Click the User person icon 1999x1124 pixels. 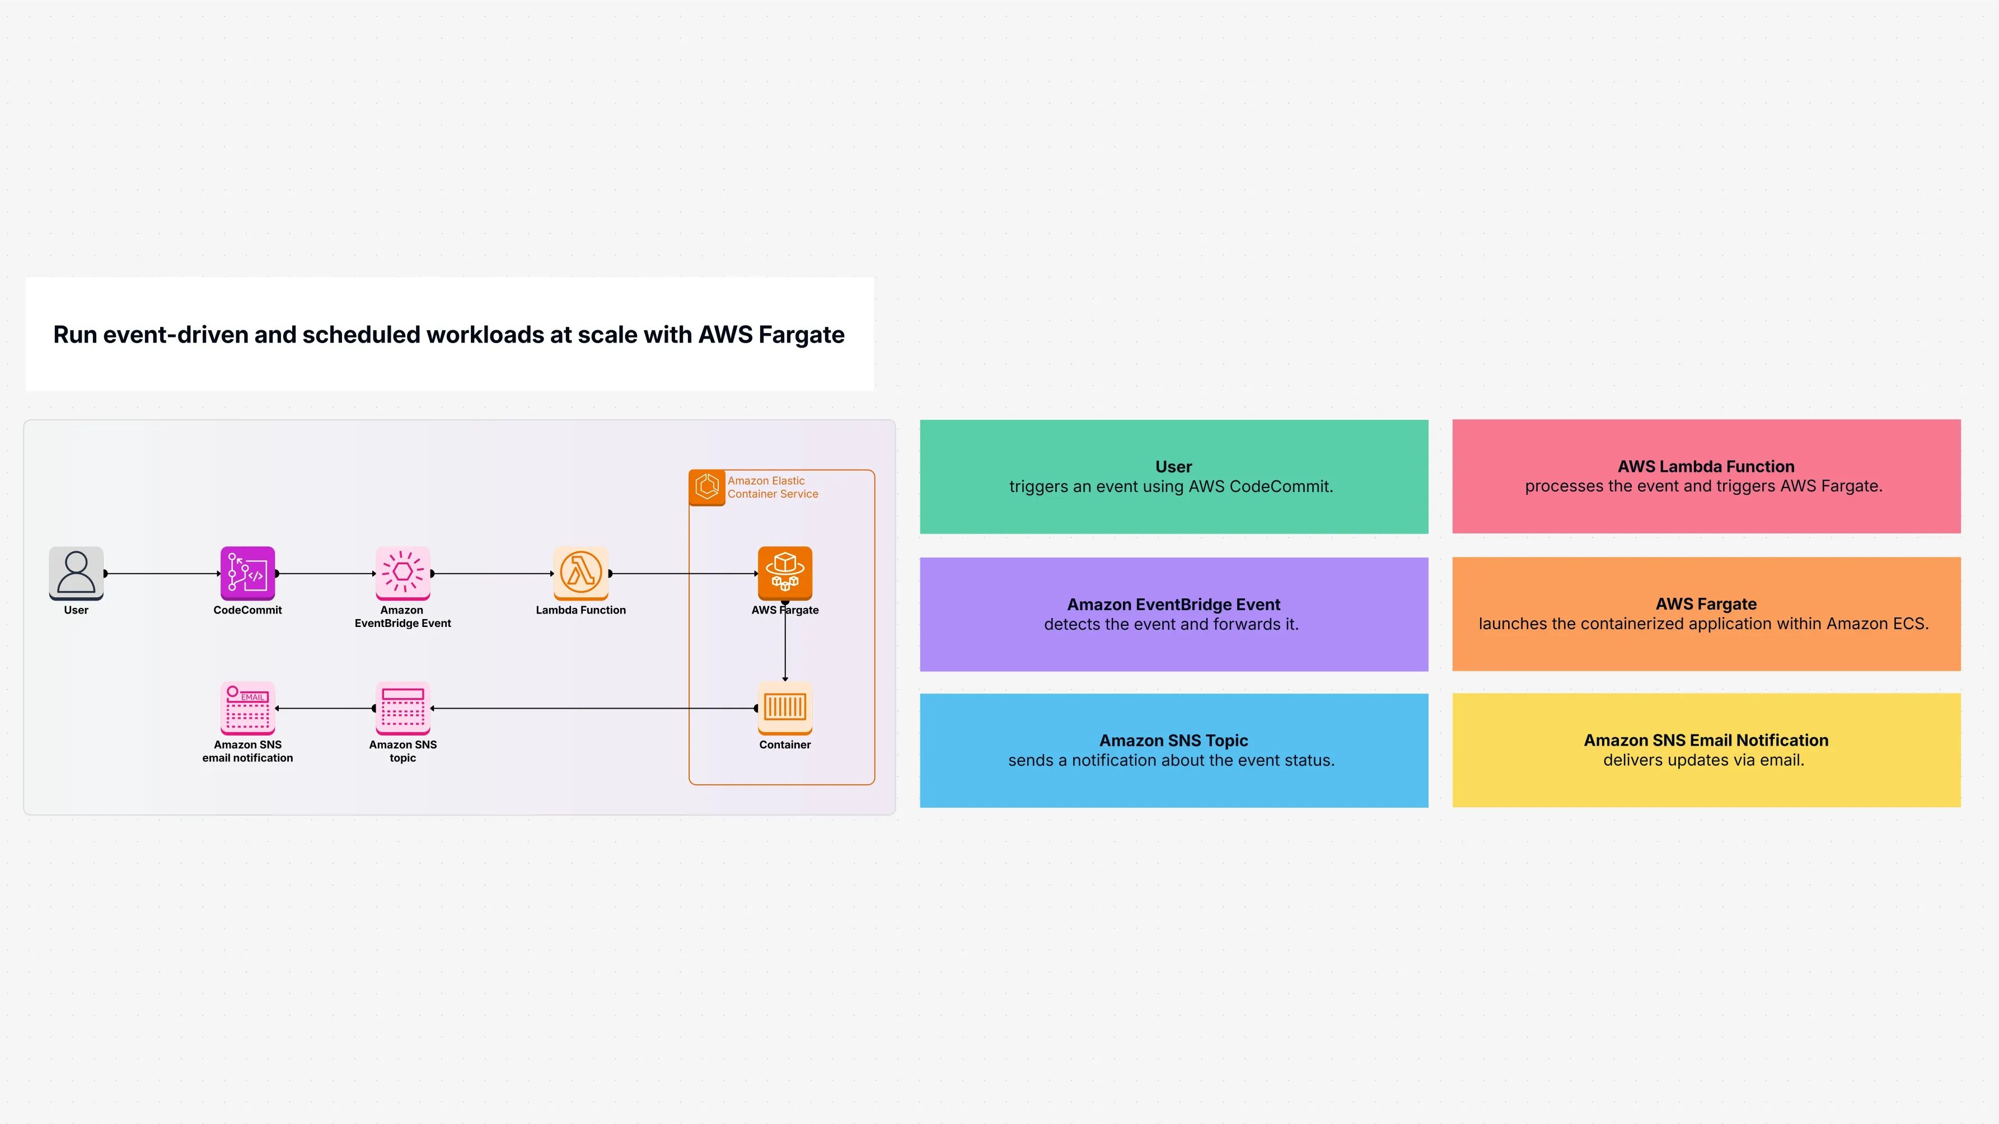[76, 573]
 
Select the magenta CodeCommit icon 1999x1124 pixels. [247, 573]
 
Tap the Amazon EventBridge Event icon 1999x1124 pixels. [402, 573]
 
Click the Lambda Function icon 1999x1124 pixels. [580, 573]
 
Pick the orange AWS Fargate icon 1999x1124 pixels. [785, 573]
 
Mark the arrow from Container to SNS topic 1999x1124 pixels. [593, 708]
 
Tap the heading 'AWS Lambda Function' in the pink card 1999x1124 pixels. [1706, 466]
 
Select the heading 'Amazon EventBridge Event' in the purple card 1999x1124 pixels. [1173, 605]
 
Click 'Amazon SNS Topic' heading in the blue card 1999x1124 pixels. [1173, 740]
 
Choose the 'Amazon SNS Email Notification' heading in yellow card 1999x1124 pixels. [1706, 740]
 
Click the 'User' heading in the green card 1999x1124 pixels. [1173, 466]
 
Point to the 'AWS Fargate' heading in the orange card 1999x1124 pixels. [1706, 603]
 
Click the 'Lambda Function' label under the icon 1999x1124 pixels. [580, 611]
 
